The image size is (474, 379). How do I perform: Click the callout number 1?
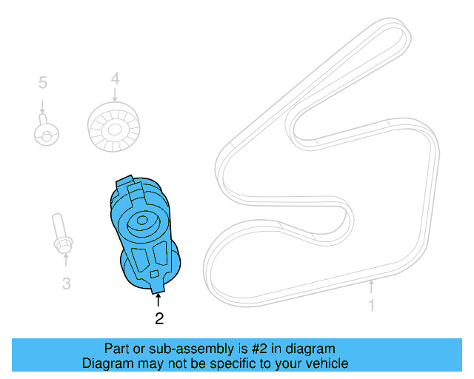click(x=372, y=305)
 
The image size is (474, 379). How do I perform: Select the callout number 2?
click(x=158, y=319)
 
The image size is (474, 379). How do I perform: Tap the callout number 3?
click(x=66, y=283)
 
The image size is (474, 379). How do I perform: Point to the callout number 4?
click(x=115, y=78)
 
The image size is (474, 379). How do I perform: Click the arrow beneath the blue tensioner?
click(x=158, y=301)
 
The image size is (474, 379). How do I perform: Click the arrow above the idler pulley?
click(x=115, y=94)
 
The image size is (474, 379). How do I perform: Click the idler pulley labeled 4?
click(x=114, y=130)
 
